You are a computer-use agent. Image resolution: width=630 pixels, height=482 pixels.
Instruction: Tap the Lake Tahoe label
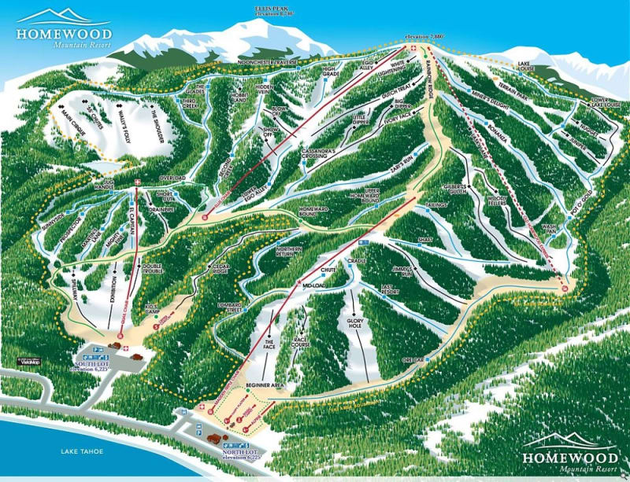(81, 451)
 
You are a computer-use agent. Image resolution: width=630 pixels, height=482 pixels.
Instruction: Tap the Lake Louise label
(525, 68)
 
